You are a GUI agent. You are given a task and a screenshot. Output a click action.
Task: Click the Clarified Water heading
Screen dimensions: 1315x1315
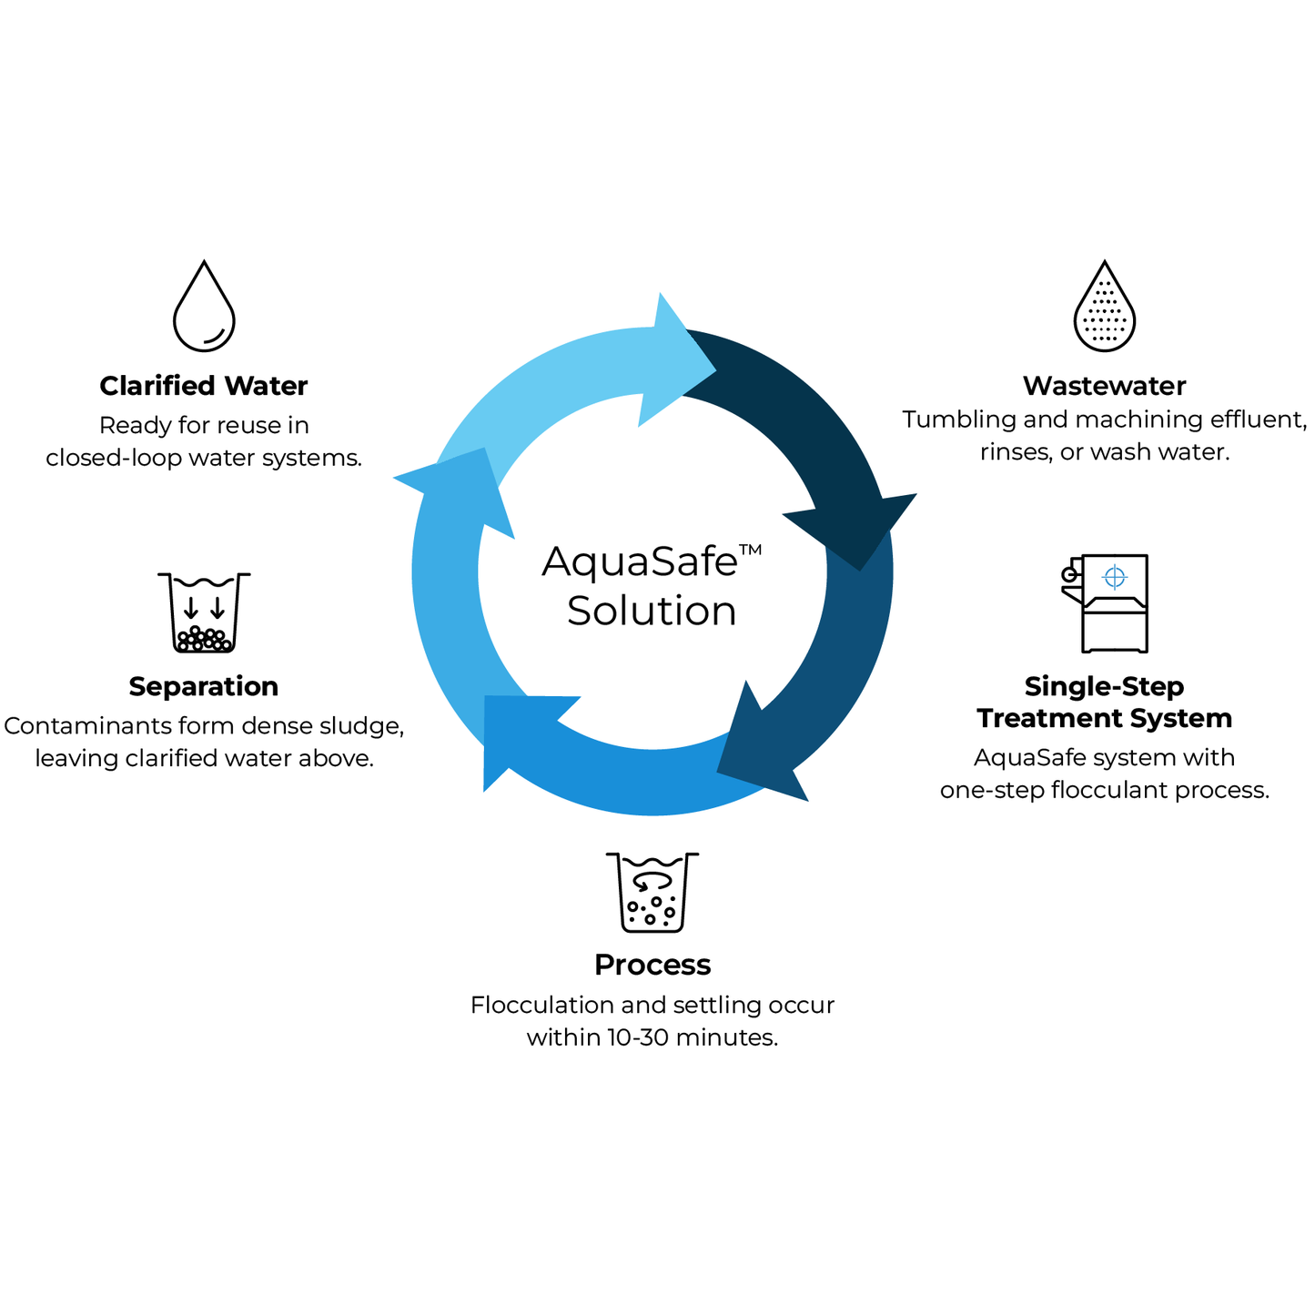click(x=204, y=386)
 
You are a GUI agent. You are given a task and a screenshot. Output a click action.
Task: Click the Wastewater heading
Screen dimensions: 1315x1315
click(x=1104, y=386)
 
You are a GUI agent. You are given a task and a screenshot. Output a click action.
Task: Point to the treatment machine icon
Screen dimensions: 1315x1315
click(x=1106, y=603)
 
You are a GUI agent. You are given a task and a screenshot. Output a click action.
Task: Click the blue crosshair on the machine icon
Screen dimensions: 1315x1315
click(x=1114, y=576)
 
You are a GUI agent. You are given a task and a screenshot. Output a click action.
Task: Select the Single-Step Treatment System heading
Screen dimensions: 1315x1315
click(x=1104, y=702)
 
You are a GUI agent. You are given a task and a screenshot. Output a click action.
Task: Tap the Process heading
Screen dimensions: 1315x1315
click(x=652, y=965)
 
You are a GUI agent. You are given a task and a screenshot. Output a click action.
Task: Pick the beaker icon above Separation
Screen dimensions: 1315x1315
click(x=204, y=612)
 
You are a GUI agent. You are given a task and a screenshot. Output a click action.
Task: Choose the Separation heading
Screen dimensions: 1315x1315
click(x=204, y=686)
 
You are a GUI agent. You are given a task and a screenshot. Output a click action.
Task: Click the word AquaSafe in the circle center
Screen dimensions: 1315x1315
click(x=639, y=561)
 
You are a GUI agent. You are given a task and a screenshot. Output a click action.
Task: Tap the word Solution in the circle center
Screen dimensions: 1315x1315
click(x=652, y=611)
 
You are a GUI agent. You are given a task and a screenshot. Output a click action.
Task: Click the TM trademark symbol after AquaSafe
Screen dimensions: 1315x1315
click(x=750, y=549)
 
